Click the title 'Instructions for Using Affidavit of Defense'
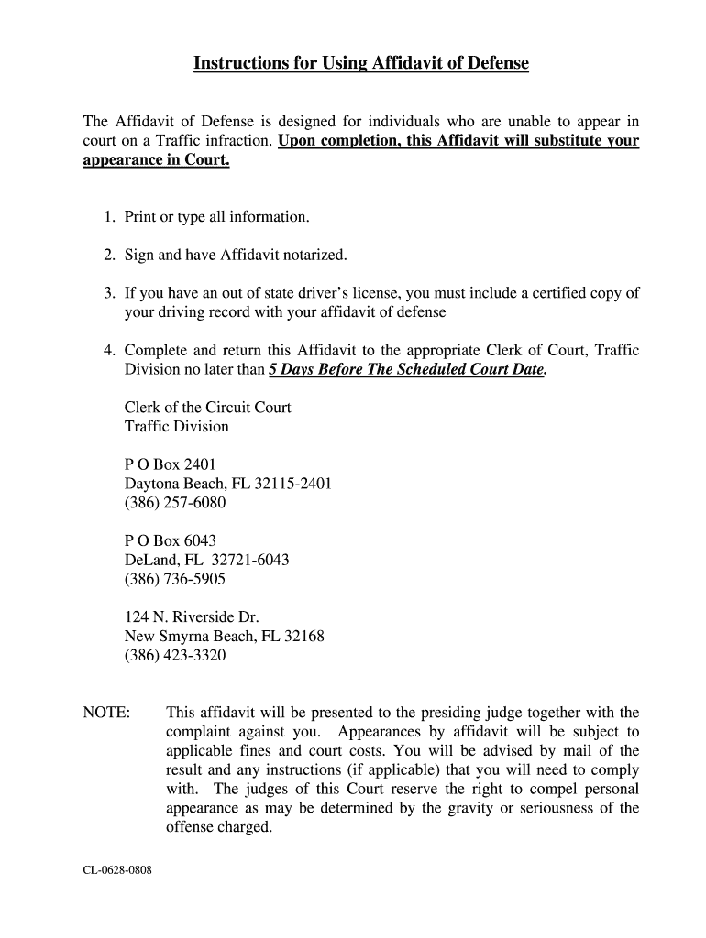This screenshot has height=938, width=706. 361,63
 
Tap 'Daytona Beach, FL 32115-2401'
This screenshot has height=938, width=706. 227,484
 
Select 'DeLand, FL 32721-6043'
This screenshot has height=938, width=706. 206,560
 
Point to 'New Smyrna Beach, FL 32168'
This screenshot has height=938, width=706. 224,636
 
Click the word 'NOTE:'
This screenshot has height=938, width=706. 106,713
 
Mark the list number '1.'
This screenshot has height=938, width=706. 108,217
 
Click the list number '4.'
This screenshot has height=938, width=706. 108,351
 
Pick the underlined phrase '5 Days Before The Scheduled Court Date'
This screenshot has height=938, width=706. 406,370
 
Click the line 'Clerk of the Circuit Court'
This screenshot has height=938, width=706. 207,408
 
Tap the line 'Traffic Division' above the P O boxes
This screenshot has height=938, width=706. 176,427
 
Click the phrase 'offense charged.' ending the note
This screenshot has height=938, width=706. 219,827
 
